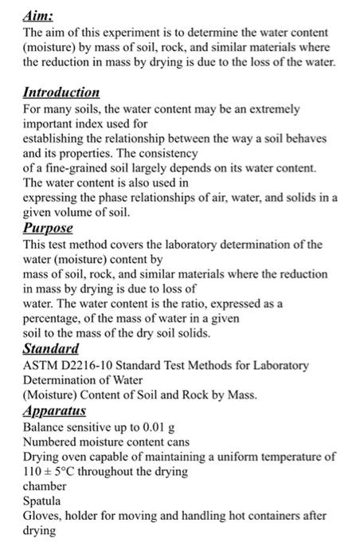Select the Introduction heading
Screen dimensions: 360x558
pos(61,92)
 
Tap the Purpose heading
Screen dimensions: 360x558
pos(49,227)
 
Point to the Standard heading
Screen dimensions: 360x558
pos(51,348)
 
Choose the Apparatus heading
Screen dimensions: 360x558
pos(54,411)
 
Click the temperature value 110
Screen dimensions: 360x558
pos(34,472)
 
